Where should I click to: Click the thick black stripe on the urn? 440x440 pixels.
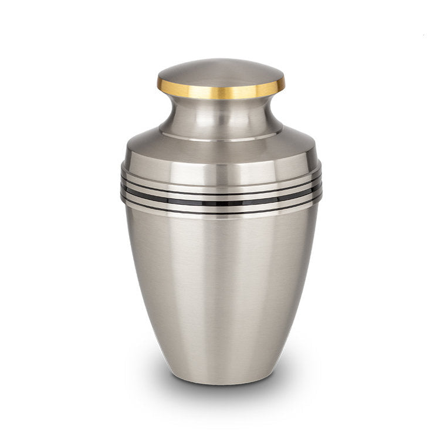tap(221, 202)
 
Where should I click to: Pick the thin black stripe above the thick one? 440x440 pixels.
tap(221, 192)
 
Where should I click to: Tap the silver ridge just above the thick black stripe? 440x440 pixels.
tap(221, 197)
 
